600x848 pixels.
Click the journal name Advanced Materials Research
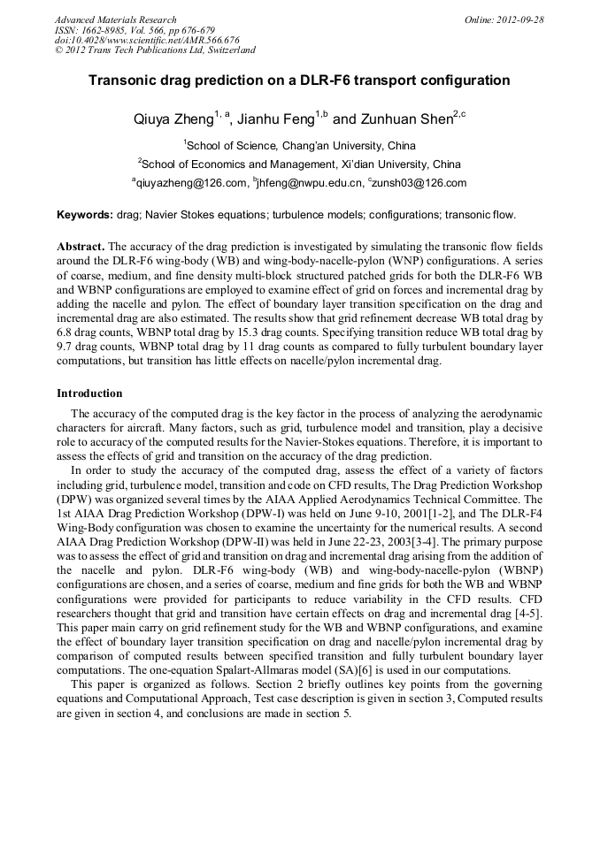[115, 19]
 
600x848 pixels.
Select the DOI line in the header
[147, 41]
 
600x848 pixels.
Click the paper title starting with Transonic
[299, 80]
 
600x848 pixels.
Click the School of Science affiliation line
[299, 145]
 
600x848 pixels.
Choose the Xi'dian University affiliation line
[299, 164]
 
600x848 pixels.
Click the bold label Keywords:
[85, 215]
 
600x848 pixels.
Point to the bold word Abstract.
[81, 246]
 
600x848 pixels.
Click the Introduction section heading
[89, 393]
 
